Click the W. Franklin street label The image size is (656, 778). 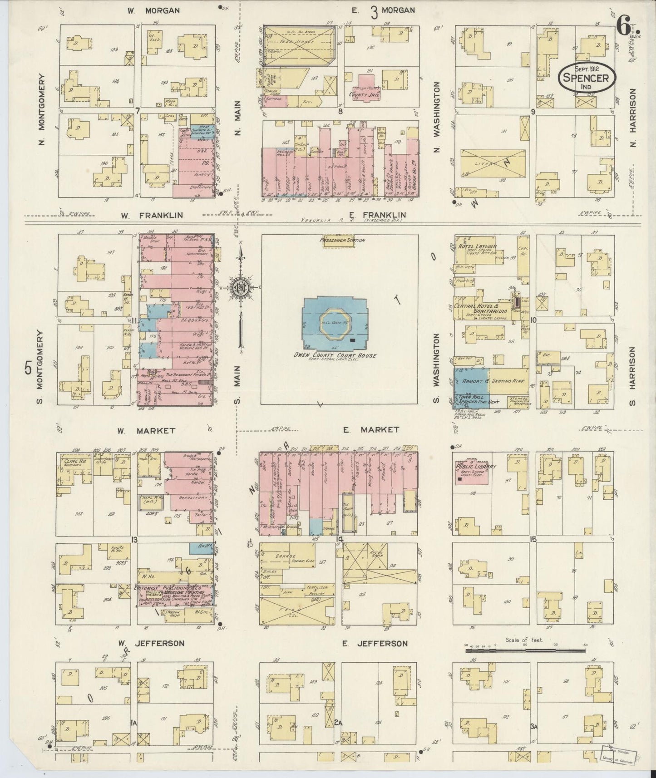point(152,215)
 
